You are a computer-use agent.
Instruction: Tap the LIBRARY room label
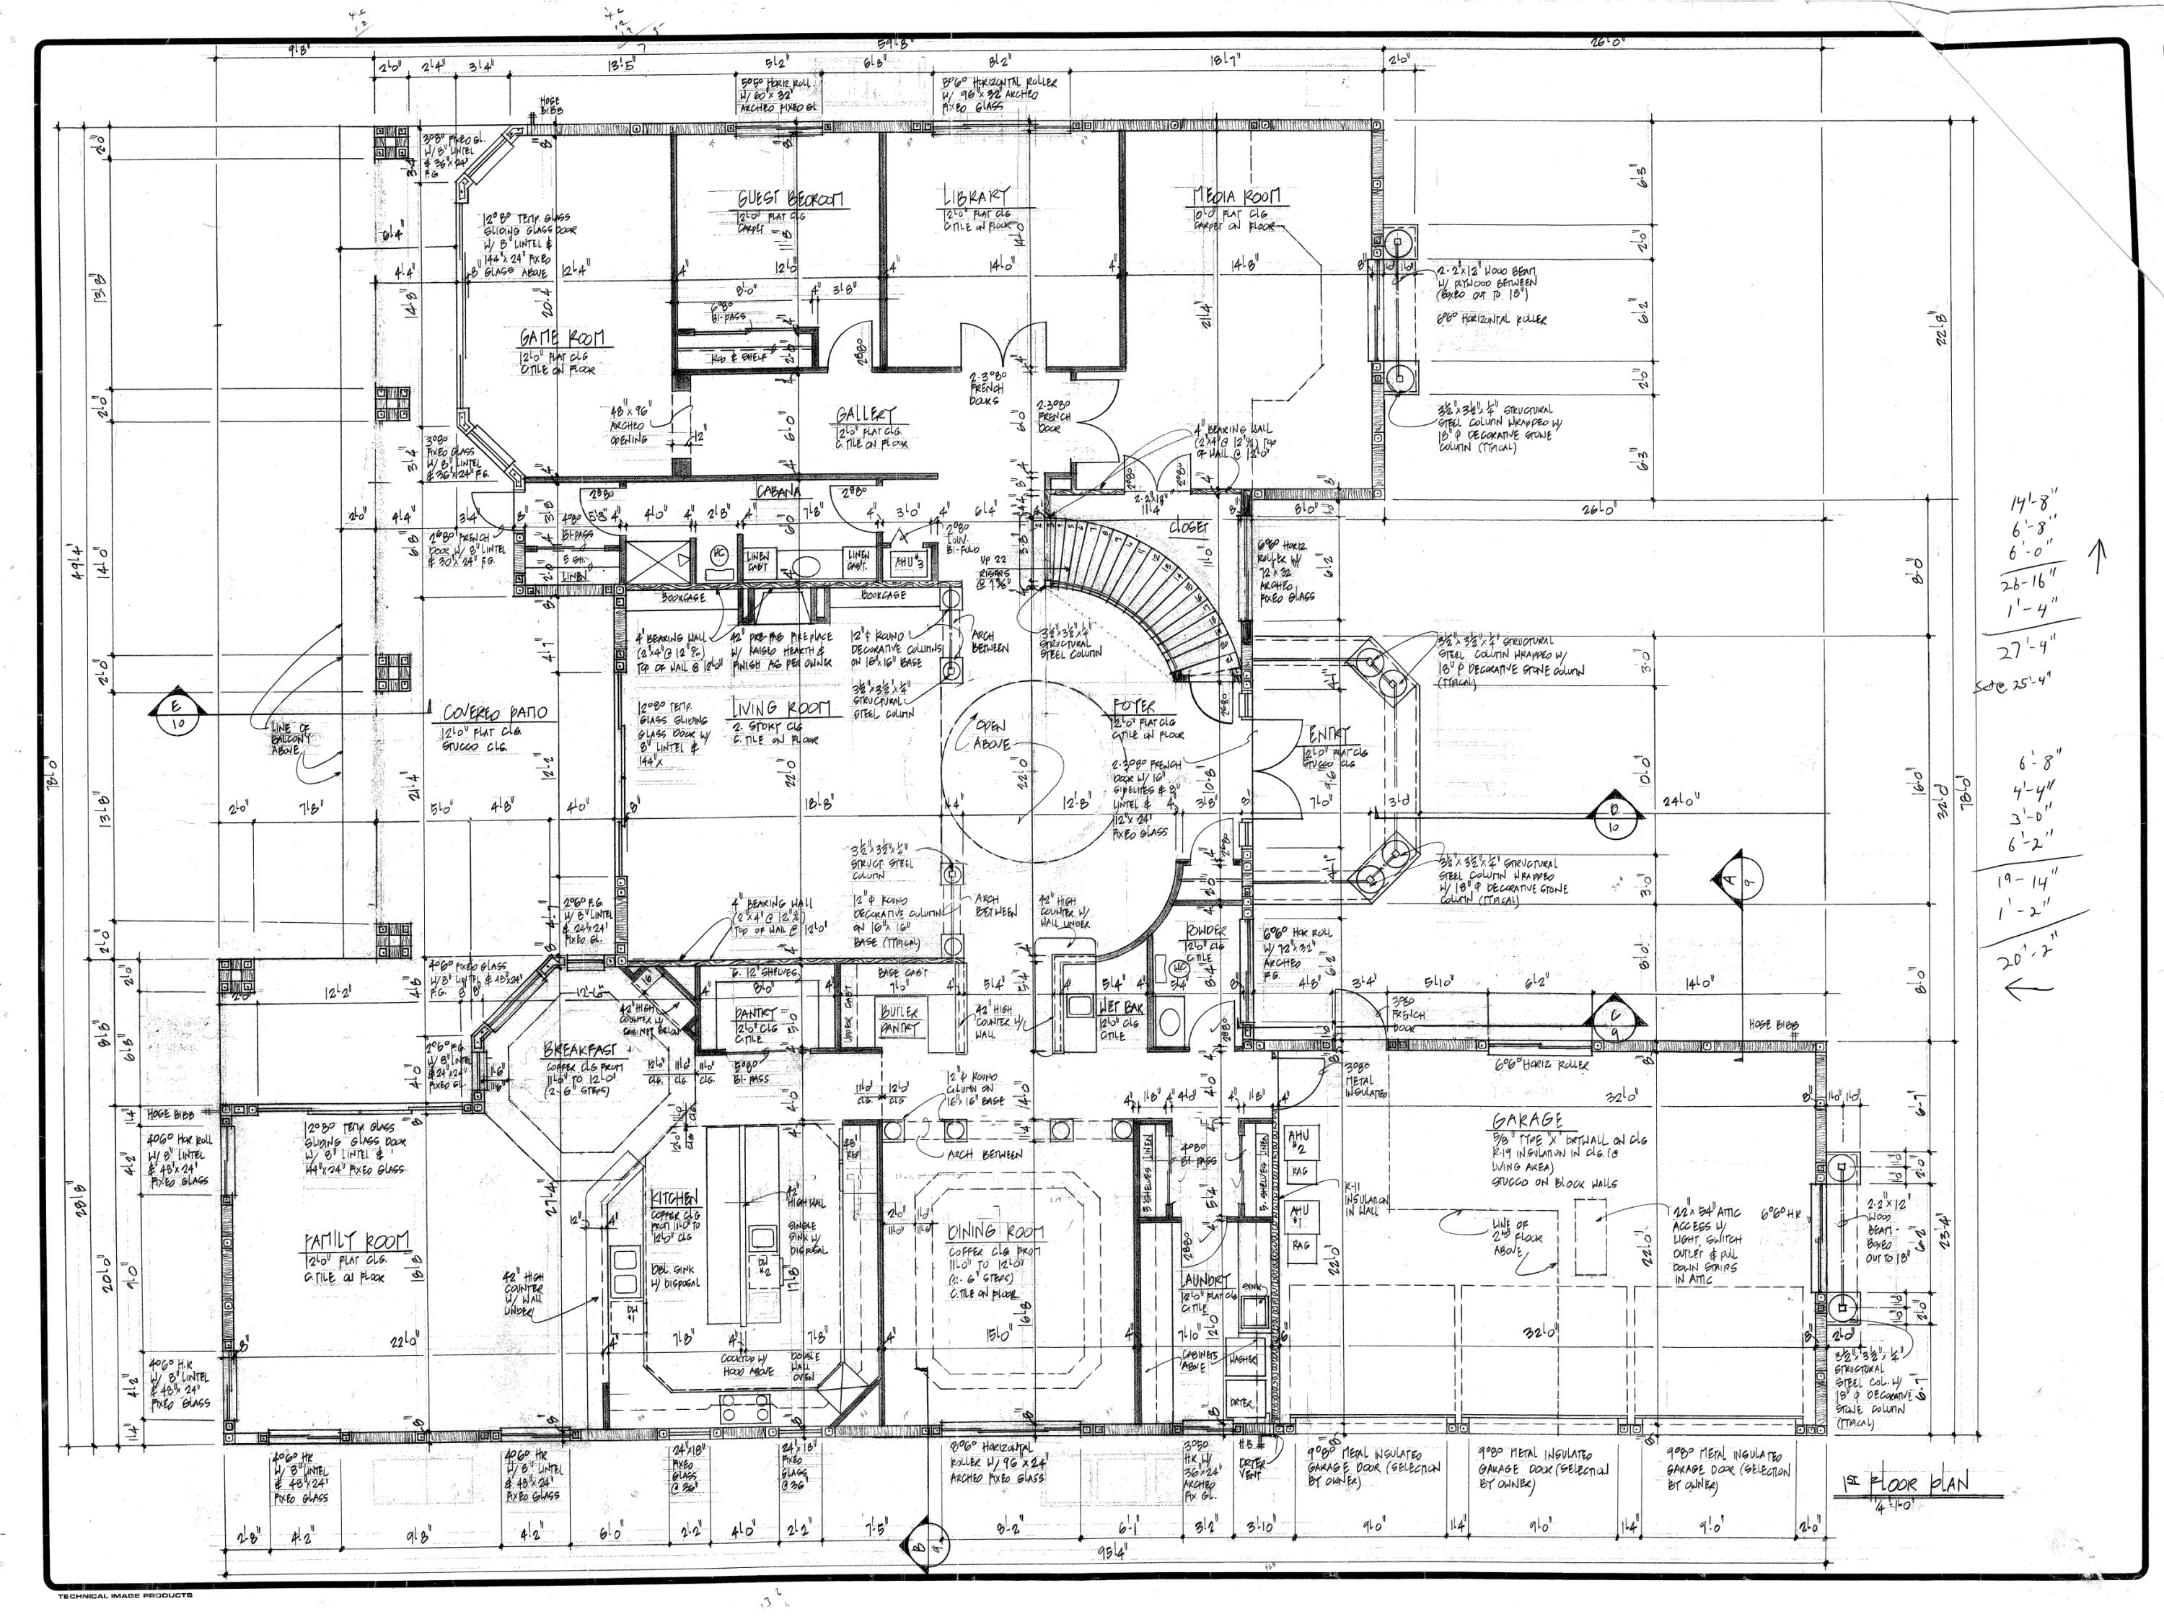click(975, 197)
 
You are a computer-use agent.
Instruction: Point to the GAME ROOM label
click(561, 338)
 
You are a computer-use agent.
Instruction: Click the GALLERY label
click(865, 415)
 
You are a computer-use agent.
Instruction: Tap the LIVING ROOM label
click(780, 707)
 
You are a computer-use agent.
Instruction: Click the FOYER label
click(1134, 706)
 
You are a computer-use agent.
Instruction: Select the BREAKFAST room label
click(579, 1051)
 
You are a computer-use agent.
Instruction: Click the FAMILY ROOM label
click(356, 1242)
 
